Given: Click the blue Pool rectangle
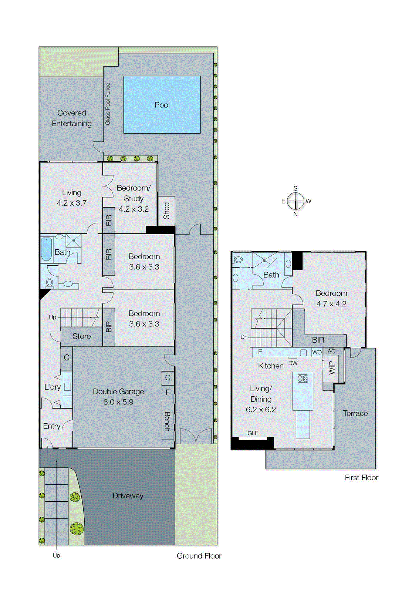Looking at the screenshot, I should (x=162, y=105).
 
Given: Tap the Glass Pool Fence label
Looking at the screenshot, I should (x=108, y=104).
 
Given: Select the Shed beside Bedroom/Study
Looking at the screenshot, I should (x=166, y=211).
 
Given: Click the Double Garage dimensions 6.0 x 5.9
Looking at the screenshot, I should (x=118, y=402).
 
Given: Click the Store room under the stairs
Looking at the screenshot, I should (x=81, y=336).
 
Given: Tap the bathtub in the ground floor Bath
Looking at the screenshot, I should (x=46, y=249).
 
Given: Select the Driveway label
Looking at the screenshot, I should (x=128, y=496).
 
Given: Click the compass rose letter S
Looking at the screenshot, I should (x=295, y=188).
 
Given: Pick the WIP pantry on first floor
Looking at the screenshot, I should (x=332, y=368).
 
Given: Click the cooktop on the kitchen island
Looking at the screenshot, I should (x=303, y=379).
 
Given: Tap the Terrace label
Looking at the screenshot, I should (x=355, y=413).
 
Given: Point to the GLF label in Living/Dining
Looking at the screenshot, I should (x=253, y=433).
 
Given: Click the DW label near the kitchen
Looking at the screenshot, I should (x=293, y=363).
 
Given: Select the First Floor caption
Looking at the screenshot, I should (x=361, y=478).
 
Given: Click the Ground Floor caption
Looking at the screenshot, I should (x=199, y=556).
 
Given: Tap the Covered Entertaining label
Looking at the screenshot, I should (x=71, y=118).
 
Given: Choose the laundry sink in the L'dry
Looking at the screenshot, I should (x=67, y=387).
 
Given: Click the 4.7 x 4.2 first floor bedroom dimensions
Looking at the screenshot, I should (x=331, y=304).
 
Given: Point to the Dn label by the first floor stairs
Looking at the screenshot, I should (x=244, y=337).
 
